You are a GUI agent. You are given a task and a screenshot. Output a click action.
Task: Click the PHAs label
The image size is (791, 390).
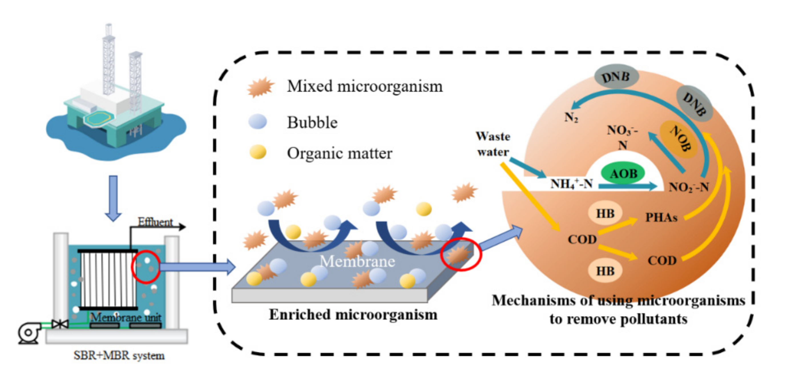coord(661,218)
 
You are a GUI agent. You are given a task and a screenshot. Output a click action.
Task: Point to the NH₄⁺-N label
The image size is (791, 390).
coord(571,184)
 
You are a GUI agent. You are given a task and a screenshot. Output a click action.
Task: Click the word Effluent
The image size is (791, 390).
coord(155,222)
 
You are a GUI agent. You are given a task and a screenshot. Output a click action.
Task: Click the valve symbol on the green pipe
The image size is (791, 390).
coord(60,324)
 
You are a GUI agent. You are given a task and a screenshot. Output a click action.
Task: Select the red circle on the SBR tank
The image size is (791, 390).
coord(146,267)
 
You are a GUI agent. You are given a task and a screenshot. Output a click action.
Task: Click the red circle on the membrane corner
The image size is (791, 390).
coord(461,254)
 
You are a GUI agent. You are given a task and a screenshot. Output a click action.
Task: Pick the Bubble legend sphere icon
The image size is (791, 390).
coord(258,122)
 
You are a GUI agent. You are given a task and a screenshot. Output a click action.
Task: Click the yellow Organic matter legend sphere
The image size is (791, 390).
coord(258,152)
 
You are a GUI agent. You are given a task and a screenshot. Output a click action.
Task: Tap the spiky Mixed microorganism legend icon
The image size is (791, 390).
coord(261,87)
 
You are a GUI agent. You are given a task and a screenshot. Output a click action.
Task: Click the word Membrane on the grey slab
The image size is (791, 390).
coord(357,261)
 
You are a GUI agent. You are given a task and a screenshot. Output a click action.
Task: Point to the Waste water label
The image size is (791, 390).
coord(493,144)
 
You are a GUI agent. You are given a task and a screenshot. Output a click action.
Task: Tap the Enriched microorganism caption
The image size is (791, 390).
coord(353,315)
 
